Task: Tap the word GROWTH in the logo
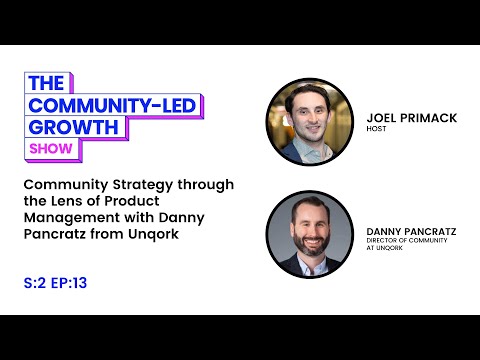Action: pyautogui.click(x=76, y=128)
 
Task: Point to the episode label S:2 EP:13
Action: pyautogui.click(x=58, y=282)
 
